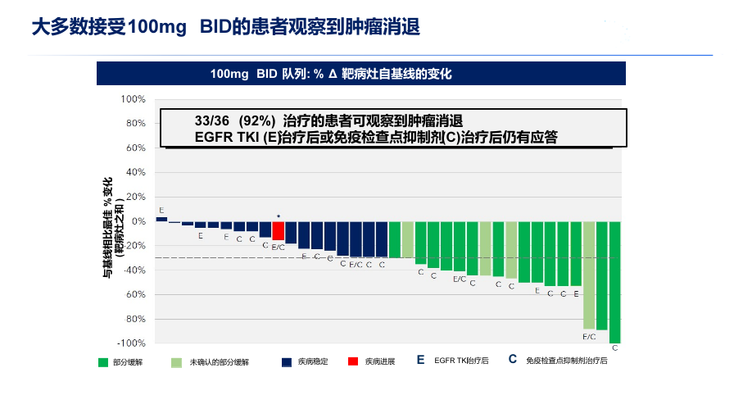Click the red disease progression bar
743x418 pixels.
tap(279, 230)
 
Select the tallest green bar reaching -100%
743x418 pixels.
tap(614, 282)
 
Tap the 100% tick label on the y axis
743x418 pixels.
tap(134, 99)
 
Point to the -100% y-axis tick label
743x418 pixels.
tap(132, 343)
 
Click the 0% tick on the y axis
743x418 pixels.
tap(138, 221)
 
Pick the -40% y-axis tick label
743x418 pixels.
tap(134, 270)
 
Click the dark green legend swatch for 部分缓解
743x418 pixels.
tap(102, 361)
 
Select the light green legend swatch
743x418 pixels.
tap(176, 361)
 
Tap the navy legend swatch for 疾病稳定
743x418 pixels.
tap(286, 361)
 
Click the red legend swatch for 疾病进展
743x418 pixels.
tap(352, 361)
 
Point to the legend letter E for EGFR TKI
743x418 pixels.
tap(420, 360)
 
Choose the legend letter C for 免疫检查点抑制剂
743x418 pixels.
tap(512, 360)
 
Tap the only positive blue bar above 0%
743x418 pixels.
tap(161, 219)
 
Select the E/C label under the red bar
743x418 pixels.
tap(278, 247)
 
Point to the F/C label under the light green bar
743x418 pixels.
tap(589, 336)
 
